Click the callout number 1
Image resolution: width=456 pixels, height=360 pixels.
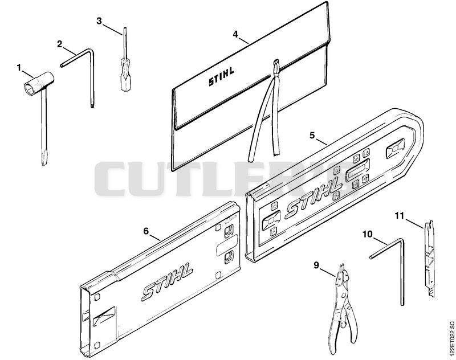tap(19, 68)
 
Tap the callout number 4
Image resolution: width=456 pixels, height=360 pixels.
tap(235, 34)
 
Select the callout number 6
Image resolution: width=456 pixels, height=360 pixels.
tap(146, 231)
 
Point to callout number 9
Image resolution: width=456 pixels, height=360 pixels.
tap(316, 265)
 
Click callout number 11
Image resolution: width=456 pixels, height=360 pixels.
tap(400, 216)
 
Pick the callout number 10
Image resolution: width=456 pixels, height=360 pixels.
tap(368, 234)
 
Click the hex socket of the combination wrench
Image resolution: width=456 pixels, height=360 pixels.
tap(30, 87)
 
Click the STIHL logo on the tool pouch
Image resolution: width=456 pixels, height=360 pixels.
tap(221, 76)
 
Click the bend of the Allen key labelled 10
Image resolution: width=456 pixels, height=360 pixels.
tap(402, 240)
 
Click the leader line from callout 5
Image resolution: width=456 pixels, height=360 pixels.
tap(321, 142)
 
